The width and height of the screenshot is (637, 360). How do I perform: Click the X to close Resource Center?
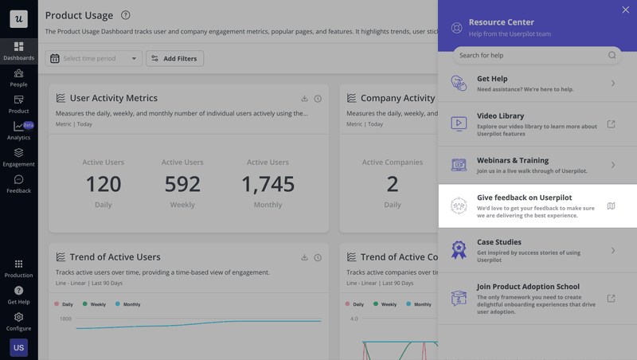[x=625, y=10]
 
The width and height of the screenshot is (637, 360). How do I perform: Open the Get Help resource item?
[x=537, y=84]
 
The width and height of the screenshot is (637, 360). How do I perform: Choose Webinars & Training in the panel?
[x=537, y=165]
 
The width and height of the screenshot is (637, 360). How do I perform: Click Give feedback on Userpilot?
[x=537, y=205]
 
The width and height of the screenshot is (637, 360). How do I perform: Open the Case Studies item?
[x=537, y=250]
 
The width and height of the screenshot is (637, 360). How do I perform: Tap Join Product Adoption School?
[x=537, y=298]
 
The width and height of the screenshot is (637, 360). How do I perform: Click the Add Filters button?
[x=175, y=59]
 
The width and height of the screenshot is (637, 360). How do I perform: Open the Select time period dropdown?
[x=94, y=59]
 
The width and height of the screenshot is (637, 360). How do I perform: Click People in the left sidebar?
[x=18, y=77]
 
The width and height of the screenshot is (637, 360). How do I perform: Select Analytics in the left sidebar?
[x=18, y=131]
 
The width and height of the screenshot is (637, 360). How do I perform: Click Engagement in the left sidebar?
[x=18, y=157]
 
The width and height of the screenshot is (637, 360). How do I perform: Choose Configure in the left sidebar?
[x=18, y=321]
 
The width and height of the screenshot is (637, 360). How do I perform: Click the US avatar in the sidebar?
[x=18, y=347]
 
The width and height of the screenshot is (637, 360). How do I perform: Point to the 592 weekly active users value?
[x=182, y=184]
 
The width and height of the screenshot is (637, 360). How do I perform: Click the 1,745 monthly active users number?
[x=268, y=184]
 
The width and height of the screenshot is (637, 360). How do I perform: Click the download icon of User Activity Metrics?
[x=304, y=99]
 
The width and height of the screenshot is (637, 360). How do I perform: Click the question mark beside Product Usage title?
[x=126, y=15]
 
